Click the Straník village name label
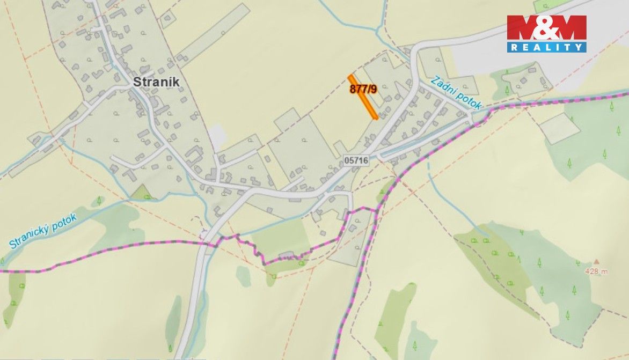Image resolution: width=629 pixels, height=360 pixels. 156,82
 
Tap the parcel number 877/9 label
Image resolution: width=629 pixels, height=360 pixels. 363,89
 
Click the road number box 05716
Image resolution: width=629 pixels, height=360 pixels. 356,160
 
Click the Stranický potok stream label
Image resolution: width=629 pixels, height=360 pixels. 43,231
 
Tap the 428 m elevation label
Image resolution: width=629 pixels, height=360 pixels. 596,271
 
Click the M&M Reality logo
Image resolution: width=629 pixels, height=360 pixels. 546,33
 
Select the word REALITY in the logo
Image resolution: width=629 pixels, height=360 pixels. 546,47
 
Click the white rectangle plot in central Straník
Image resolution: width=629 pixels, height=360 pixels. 217,136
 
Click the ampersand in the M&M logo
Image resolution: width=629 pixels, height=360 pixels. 546,27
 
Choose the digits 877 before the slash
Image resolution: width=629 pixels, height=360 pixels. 357,89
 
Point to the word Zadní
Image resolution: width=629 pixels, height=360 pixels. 443,85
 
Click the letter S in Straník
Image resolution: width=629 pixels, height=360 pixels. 137,82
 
